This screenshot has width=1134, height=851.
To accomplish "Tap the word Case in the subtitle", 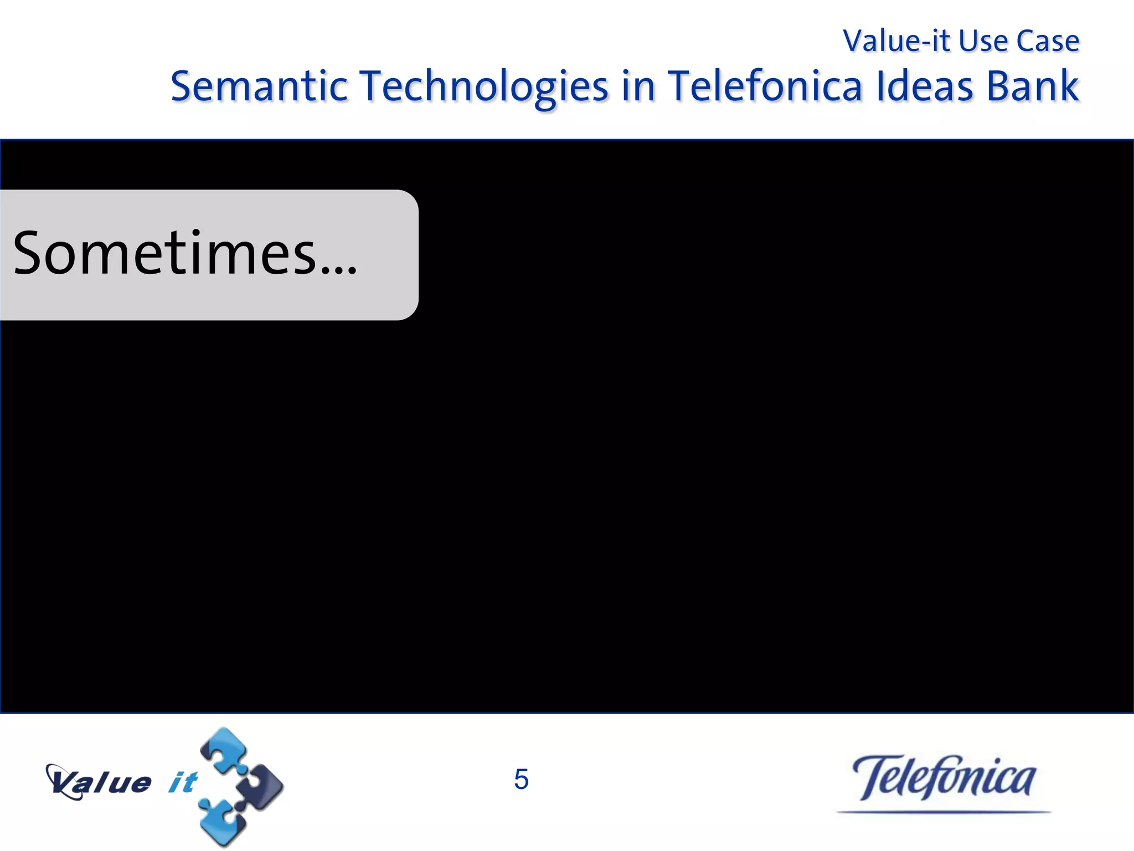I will point(1048,41).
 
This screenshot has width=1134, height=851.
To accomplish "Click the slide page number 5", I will point(521,780).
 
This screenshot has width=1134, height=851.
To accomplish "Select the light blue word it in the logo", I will point(183,782).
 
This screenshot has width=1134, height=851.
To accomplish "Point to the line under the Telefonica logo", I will point(944,812).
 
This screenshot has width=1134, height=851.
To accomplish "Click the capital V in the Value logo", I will point(62,781).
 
